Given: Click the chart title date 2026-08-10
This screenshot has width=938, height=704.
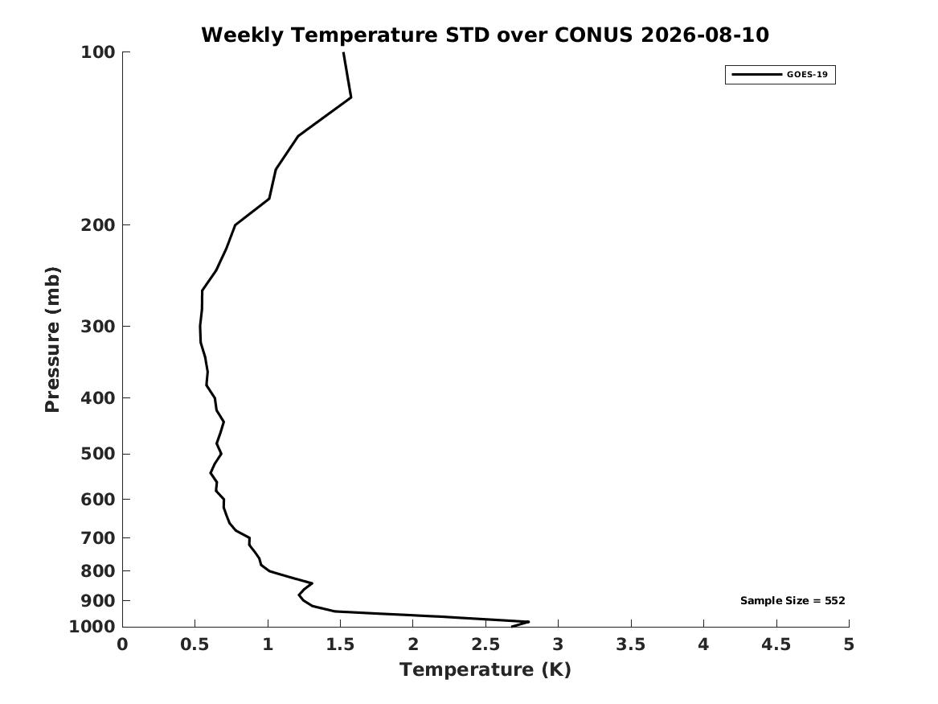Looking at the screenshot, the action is (x=705, y=35).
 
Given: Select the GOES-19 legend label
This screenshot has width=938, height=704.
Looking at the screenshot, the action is (x=807, y=74).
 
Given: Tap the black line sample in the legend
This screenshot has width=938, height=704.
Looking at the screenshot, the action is (x=756, y=74).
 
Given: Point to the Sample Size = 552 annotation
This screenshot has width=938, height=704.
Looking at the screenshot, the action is (x=793, y=600).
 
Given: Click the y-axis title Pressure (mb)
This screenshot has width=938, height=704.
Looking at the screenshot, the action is (x=52, y=340).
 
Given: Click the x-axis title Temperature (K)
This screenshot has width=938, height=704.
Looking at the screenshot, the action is (x=485, y=669).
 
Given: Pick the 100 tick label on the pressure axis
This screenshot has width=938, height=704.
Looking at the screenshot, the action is (x=97, y=52).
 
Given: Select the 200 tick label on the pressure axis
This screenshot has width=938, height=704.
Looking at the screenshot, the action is (x=97, y=225).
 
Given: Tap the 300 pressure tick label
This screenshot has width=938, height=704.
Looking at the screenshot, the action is (x=97, y=327).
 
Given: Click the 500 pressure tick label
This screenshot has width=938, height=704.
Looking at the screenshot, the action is (x=97, y=454).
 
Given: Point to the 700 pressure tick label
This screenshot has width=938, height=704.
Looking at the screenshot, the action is (x=97, y=538).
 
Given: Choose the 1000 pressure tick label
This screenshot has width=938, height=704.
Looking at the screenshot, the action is (x=92, y=627).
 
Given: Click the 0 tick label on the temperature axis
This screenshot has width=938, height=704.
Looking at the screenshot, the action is (x=123, y=644).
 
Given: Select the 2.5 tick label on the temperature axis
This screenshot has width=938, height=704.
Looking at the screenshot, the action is (x=485, y=644).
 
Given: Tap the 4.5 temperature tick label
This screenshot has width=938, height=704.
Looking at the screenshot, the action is (x=776, y=644).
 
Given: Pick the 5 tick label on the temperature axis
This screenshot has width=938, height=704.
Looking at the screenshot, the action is (x=849, y=644).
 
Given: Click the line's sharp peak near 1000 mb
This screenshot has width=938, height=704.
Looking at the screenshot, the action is (x=529, y=621).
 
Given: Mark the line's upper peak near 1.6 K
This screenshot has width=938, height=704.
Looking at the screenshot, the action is (x=351, y=97).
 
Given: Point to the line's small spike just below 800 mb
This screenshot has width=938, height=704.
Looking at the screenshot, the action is (x=312, y=583).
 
